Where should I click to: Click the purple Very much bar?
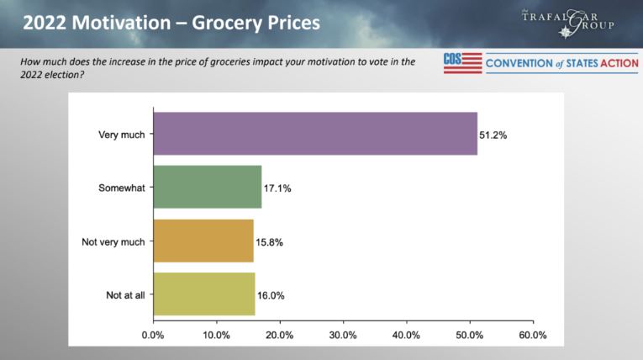coord(315,134)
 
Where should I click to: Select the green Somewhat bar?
coord(208,188)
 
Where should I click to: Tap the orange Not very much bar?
coord(203,241)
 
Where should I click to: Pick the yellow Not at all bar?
coord(204,295)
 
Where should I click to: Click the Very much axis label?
coord(121,134)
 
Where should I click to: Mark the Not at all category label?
coord(124,295)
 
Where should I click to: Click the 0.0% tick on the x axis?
coord(153,335)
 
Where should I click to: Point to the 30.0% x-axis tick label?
coord(343,335)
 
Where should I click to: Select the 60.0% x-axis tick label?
coord(533,335)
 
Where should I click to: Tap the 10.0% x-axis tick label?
coord(216,335)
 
